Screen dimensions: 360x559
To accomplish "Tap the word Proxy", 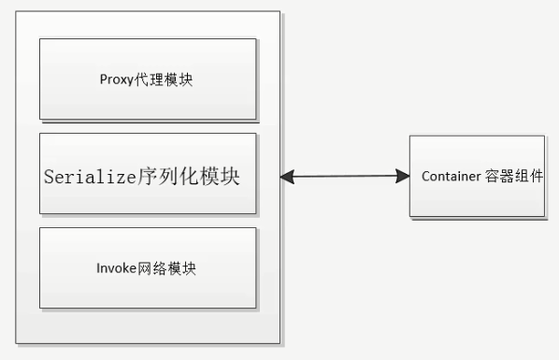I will tap(113, 79).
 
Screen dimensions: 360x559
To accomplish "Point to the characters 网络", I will tap(149, 268).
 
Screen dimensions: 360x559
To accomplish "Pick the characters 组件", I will tap(529, 176).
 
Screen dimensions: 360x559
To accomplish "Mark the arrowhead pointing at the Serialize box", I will tap(287, 175).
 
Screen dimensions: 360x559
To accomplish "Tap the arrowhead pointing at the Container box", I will tap(403, 175).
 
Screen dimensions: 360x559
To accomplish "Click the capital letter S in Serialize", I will tap(48, 176).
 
